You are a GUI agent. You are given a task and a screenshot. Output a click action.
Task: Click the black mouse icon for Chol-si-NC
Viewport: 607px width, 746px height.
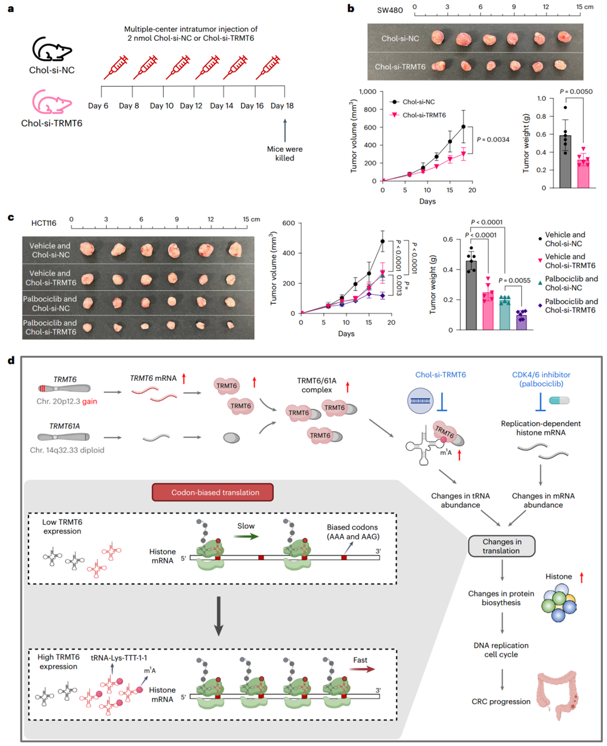pos(52,49)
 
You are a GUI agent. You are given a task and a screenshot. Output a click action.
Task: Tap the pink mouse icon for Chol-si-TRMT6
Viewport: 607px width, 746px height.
pos(52,102)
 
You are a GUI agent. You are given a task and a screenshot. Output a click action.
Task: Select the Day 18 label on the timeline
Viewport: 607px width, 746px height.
pos(282,106)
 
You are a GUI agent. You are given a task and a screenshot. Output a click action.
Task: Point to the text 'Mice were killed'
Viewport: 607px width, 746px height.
pos(285,154)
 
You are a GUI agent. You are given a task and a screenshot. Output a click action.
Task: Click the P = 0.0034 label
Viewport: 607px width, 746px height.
pos(493,140)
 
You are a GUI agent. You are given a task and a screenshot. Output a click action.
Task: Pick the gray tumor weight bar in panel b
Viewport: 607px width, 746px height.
pos(565,162)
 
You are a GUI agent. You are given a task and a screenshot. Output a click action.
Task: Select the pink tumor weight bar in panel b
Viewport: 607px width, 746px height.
pos(583,174)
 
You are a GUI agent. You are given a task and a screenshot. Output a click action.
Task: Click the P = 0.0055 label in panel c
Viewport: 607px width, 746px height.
pos(514,280)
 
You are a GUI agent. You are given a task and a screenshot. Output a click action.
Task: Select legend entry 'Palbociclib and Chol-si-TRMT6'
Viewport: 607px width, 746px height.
pos(571,306)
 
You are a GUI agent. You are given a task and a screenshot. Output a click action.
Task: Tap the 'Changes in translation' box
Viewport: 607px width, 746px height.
pos(501,546)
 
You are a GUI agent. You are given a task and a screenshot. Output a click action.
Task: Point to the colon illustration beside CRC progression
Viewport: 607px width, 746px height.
pos(557,695)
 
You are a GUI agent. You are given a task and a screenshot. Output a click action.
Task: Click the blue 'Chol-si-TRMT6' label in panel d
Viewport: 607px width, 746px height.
pos(440,375)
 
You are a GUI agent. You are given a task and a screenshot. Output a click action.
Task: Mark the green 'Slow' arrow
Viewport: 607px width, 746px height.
pos(247,536)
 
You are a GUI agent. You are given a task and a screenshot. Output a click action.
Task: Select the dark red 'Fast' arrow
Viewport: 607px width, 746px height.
pos(362,669)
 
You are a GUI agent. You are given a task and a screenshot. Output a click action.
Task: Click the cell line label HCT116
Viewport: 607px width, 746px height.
pos(44,223)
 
